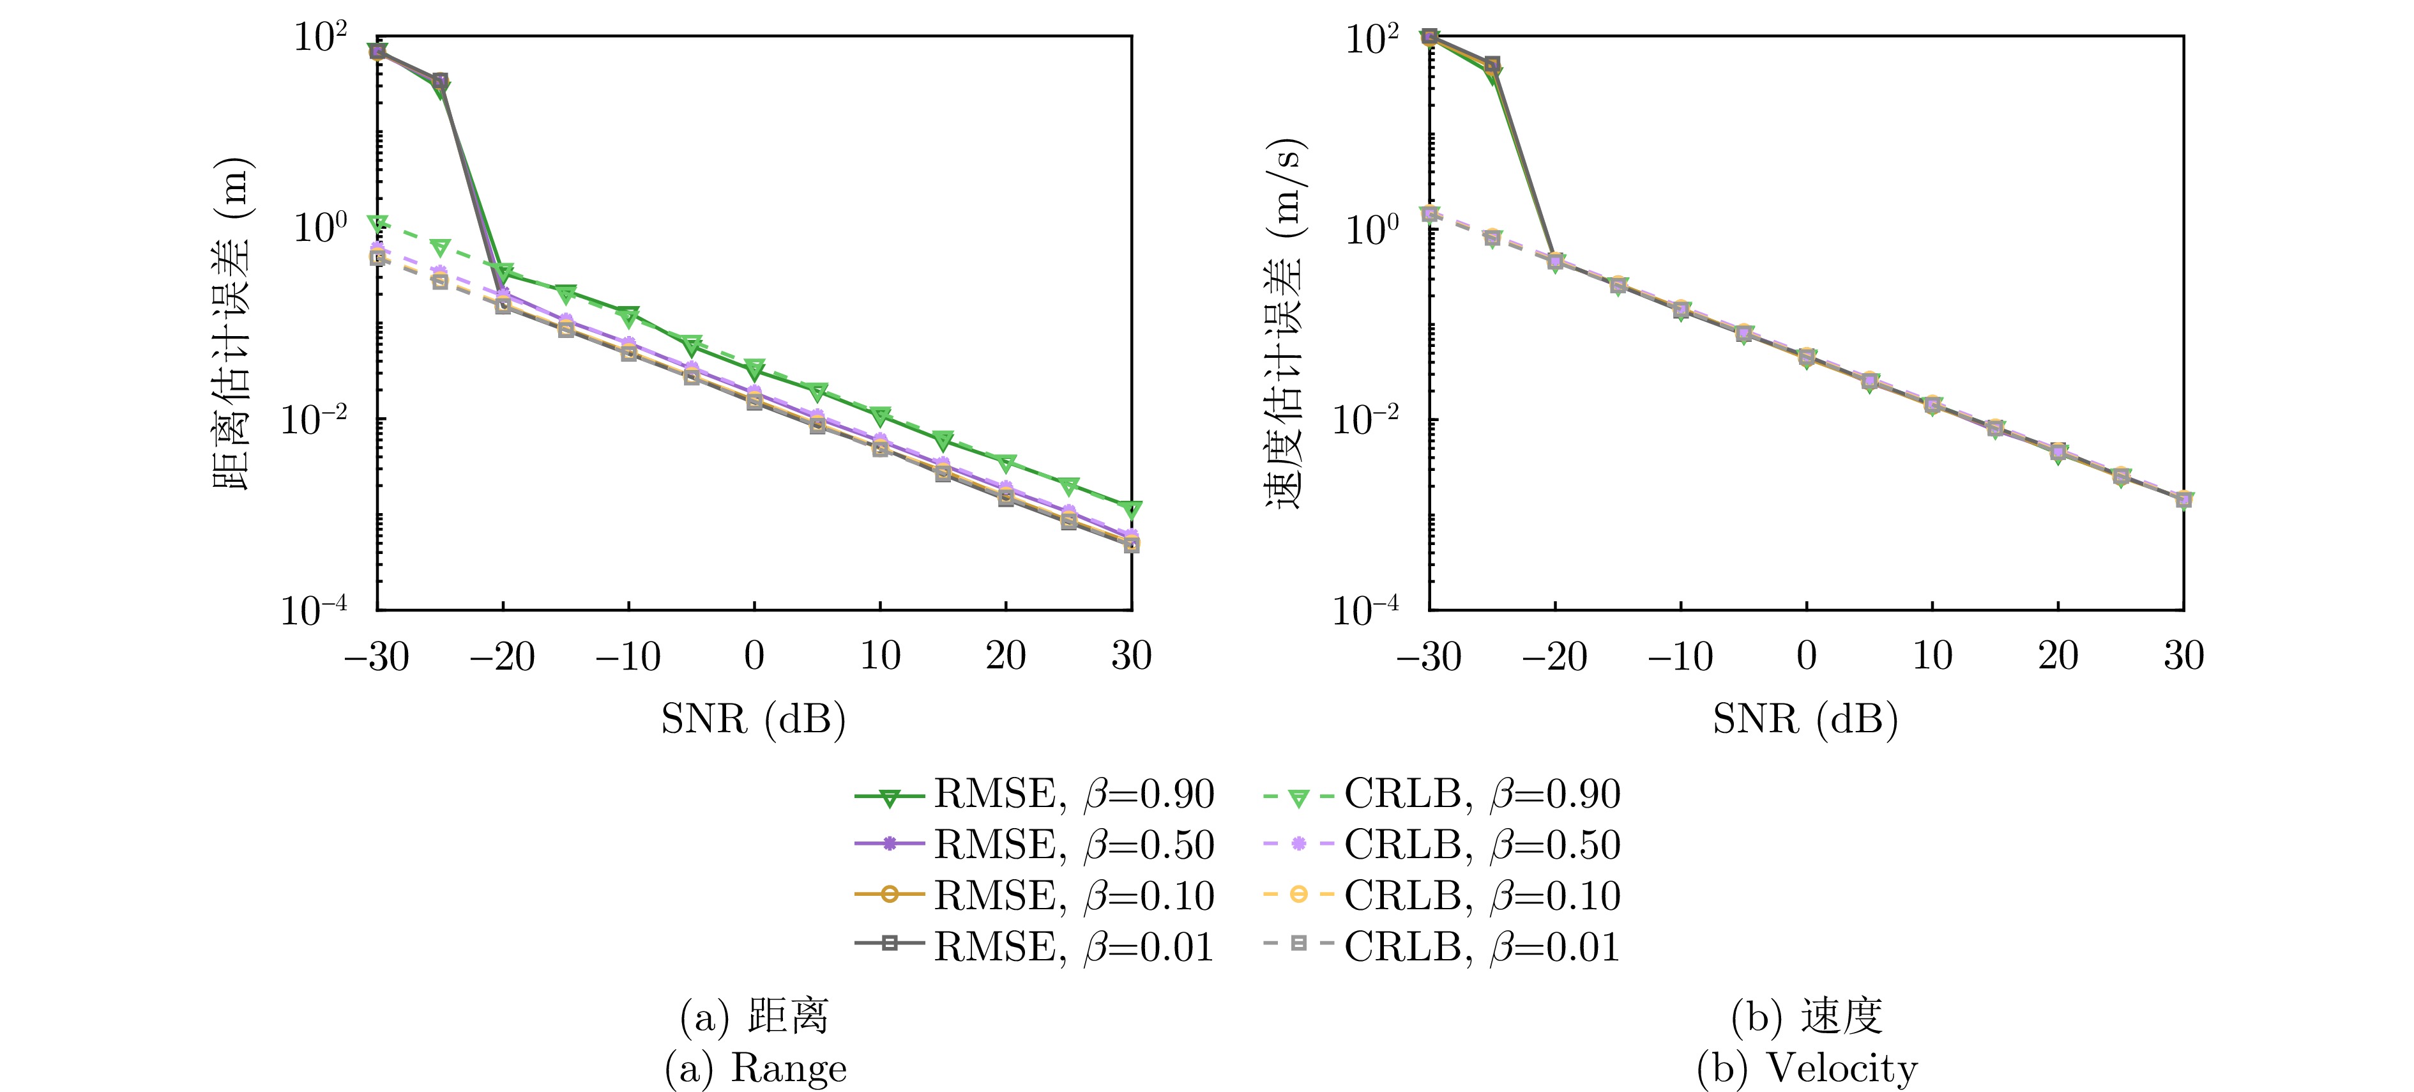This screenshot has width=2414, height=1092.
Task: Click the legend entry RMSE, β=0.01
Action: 1035,948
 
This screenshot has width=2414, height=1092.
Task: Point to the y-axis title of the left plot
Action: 231,323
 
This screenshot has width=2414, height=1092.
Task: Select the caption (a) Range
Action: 755,1068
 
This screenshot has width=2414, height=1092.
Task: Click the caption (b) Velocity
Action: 1807,1068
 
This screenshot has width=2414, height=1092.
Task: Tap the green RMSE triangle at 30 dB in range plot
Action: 1131,510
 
